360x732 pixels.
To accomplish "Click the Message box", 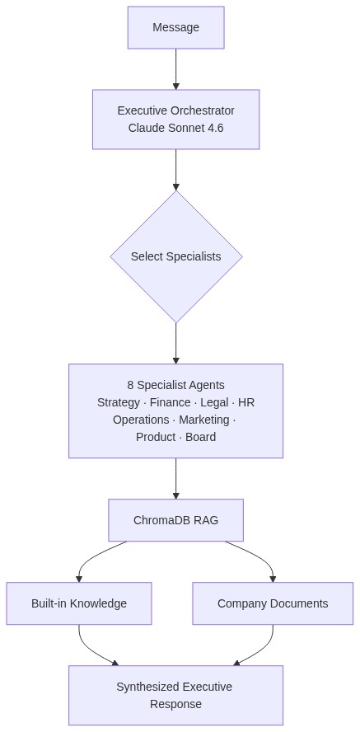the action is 175,27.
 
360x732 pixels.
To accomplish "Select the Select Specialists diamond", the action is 175,256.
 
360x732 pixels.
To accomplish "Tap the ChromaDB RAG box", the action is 175,520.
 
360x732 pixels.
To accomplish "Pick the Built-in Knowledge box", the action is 79,603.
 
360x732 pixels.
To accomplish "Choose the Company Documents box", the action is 273,603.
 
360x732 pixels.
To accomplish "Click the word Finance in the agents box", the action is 171,402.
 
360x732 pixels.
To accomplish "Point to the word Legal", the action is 214,402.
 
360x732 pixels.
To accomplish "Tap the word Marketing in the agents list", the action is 204,420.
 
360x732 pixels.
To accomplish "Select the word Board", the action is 200,437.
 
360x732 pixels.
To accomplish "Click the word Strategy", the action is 119,402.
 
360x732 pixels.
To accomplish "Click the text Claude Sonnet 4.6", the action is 175,128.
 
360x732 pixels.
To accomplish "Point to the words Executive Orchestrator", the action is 175,110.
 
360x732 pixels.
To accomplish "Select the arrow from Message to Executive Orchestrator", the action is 175,69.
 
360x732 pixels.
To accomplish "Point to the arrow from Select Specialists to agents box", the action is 175,343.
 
